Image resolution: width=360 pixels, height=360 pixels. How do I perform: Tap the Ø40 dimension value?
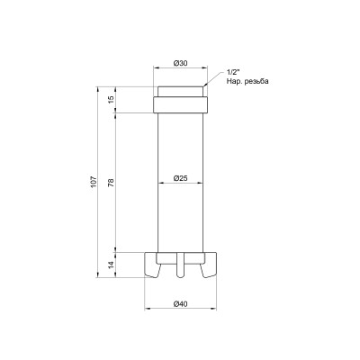[182, 303]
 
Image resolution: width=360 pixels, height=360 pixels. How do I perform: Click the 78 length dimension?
[110, 182]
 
